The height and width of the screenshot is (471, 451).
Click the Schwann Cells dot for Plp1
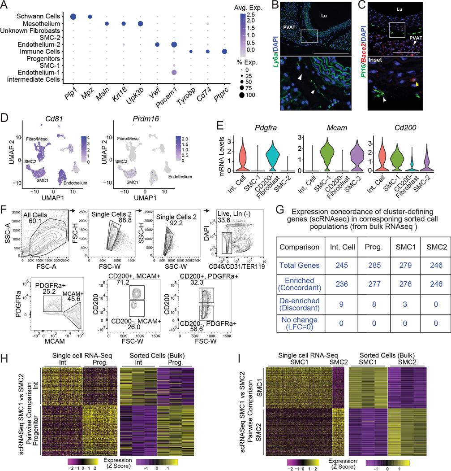click(x=73, y=17)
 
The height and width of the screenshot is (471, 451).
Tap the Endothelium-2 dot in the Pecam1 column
click(x=173, y=44)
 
